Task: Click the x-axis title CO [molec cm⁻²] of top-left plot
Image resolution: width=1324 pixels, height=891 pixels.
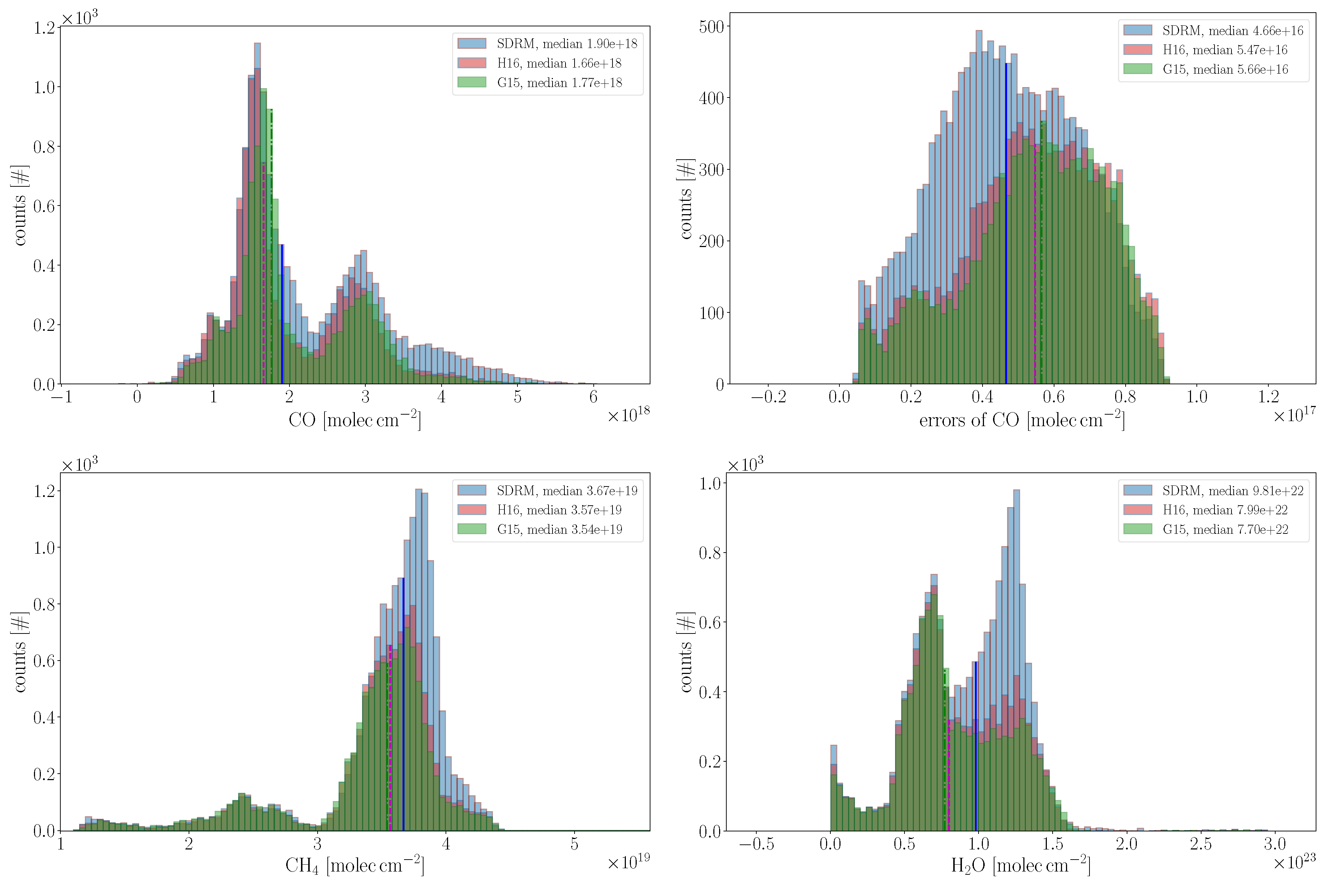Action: [x=355, y=420]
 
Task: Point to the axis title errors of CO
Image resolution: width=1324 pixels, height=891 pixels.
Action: [x=1022, y=420]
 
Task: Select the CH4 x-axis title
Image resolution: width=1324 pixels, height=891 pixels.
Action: [x=355, y=865]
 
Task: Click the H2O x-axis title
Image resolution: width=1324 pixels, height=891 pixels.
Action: [x=1020, y=865]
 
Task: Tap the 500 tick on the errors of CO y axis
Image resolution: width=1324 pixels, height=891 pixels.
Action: [x=711, y=27]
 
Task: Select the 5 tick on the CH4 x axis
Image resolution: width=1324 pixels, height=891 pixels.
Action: [x=574, y=844]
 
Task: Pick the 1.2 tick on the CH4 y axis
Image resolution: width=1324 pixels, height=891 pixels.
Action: [x=44, y=491]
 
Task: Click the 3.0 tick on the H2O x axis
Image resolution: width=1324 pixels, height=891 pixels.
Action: [x=1274, y=844]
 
